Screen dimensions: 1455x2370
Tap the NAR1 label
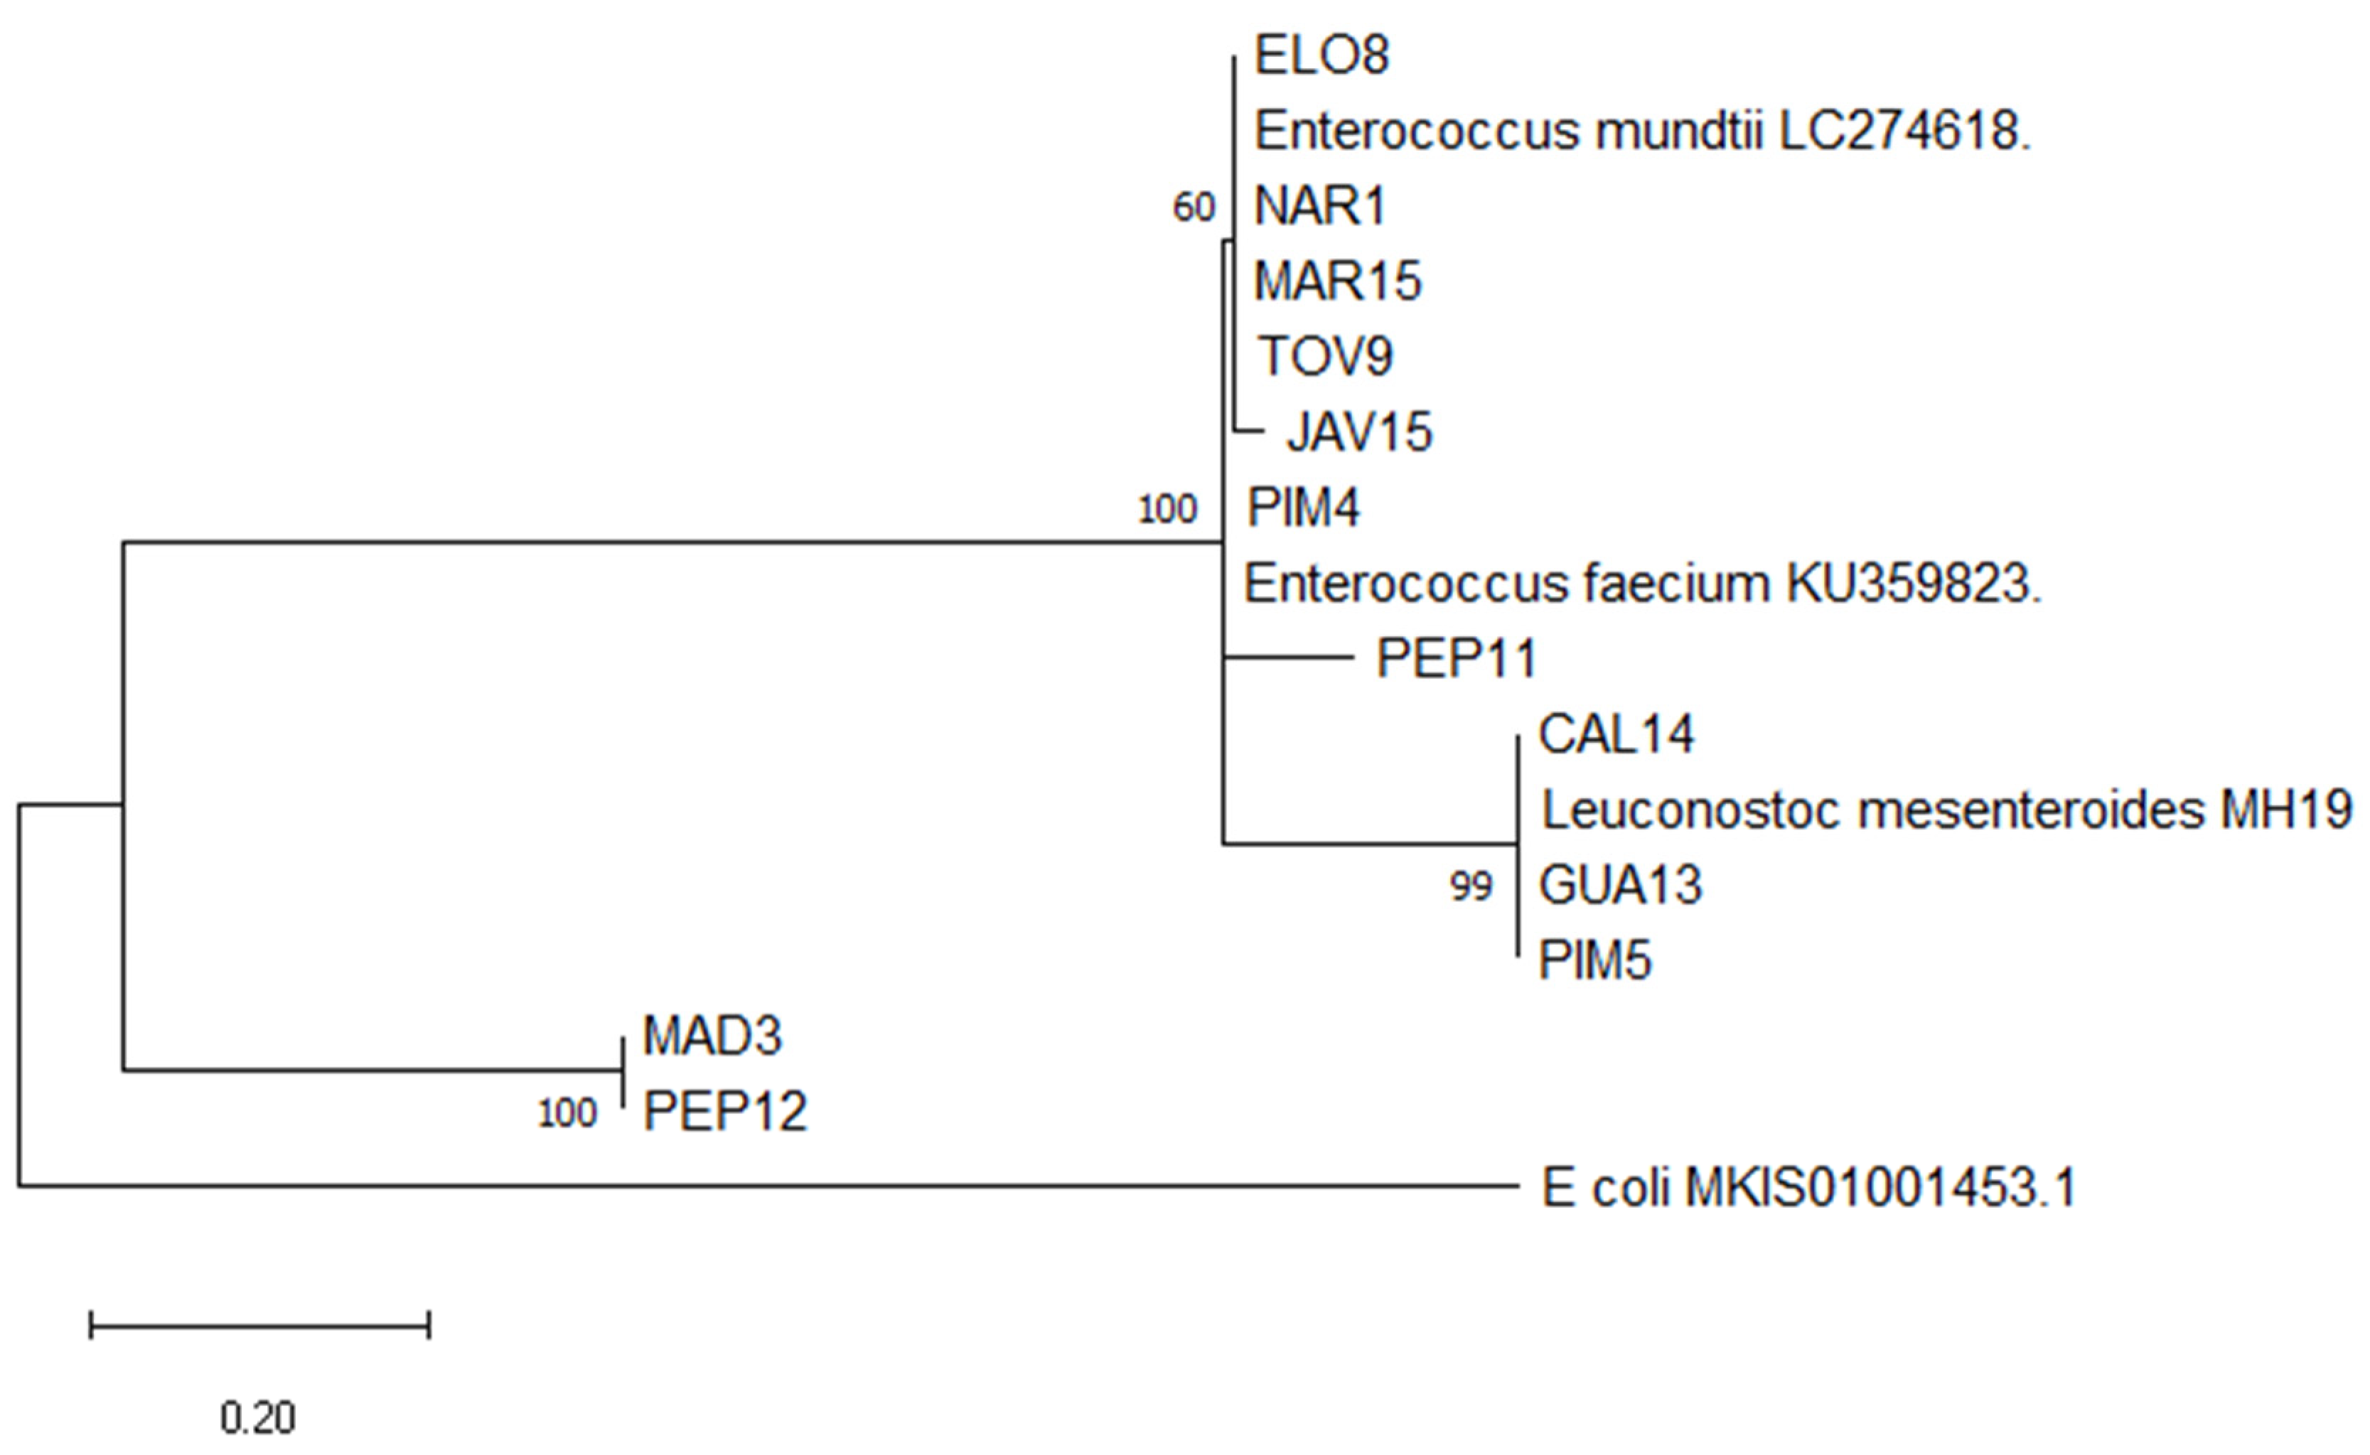click(1319, 206)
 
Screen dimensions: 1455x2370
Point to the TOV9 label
click(1325, 357)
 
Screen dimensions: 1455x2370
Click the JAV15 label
click(1358, 432)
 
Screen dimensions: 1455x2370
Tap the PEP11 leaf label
click(1456, 659)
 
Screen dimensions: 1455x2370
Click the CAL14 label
click(1616, 734)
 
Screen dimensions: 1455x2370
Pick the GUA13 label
click(1619, 886)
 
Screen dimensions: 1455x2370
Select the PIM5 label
click(1594, 960)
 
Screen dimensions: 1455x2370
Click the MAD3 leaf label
click(712, 1036)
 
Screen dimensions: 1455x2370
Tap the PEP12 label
click(724, 1112)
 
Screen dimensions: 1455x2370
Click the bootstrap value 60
click(1194, 208)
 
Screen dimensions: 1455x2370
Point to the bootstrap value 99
click(1470, 886)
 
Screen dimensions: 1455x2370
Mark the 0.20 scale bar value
click(258, 1417)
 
